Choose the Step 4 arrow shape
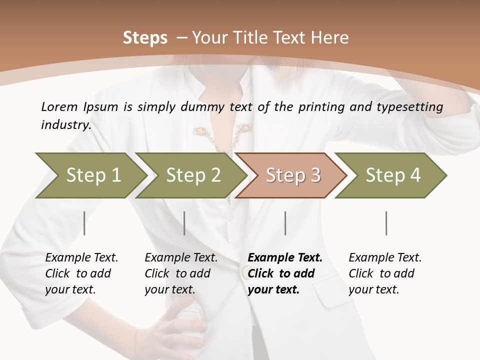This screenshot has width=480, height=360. coord(392,175)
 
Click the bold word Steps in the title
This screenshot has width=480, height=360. coord(145,37)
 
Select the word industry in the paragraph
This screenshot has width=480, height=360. coord(65,124)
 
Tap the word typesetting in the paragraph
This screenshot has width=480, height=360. coord(409,107)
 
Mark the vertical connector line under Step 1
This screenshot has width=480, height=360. coord(84,223)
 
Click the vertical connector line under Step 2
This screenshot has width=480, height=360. coord(184,223)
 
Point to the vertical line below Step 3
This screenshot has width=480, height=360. coord(285,223)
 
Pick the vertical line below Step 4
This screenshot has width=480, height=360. coord(386,223)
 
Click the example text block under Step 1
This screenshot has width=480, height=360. coord(81,273)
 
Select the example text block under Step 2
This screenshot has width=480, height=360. coord(181,273)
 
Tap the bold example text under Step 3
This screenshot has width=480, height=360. coord(285,273)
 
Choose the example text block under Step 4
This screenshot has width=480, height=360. coord(385,273)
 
